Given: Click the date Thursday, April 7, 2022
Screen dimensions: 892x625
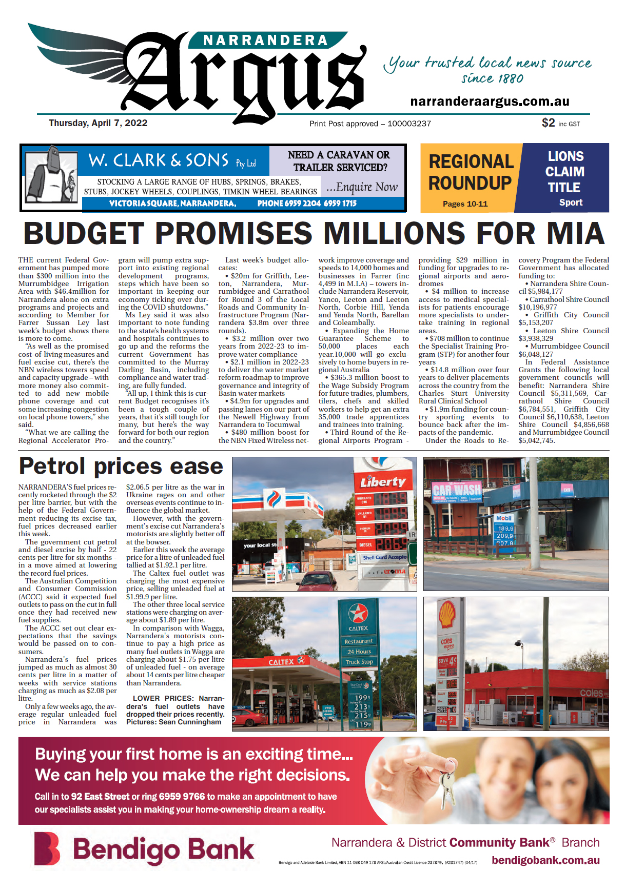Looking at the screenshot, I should [98, 123].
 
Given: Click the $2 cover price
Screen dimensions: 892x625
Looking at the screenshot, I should [548, 123].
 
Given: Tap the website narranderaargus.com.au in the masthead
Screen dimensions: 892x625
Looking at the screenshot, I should [490, 102].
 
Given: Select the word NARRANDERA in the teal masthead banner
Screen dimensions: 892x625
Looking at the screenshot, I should [265, 40].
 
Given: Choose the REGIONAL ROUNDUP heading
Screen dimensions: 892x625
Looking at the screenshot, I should [471, 172].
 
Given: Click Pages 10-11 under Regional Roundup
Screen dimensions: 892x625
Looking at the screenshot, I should [465, 204].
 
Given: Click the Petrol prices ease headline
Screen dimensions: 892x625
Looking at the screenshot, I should [121, 467].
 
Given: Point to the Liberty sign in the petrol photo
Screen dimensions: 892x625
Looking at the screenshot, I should [383, 482].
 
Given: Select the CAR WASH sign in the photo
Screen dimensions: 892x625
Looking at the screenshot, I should [457, 489].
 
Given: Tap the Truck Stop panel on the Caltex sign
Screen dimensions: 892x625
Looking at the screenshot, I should [359, 662].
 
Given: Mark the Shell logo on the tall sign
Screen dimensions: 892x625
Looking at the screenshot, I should [446, 615].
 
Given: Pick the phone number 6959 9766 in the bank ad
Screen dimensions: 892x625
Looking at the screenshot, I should [182, 796].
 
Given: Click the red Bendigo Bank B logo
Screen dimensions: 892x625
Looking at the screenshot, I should [47, 848].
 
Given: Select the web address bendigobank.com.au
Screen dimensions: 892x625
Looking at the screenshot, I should [545, 861].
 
